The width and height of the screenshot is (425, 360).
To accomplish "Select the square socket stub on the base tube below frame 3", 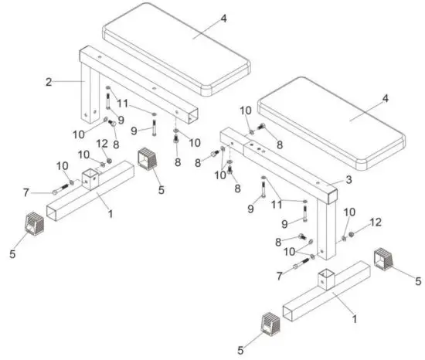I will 328,280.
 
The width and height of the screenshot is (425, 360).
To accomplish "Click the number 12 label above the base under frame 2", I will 102,144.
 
